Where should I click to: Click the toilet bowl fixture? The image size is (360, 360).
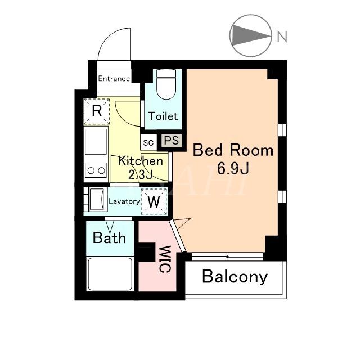(x=166, y=84)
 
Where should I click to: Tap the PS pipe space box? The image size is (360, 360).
(x=172, y=141)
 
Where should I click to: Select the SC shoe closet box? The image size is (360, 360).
(x=148, y=142)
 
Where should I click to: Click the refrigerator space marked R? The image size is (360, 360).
(x=97, y=111)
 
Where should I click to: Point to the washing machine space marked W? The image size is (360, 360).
(x=154, y=201)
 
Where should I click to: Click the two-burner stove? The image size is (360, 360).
(x=96, y=170)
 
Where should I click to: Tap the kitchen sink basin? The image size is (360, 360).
(x=96, y=142)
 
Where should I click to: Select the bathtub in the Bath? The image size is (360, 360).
(x=110, y=274)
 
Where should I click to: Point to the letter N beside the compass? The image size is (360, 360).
(x=282, y=37)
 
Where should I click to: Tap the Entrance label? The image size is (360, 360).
(x=114, y=79)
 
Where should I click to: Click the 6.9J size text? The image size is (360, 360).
(x=233, y=169)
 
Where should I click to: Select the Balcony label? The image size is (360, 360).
(x=235, y=277)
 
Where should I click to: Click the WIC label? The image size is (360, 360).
(x=165, y=259)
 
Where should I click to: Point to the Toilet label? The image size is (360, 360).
(x=163, y=116)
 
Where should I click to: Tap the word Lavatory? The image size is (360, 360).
(x=124, y=201)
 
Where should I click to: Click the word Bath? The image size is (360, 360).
(x=109, y=237)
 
